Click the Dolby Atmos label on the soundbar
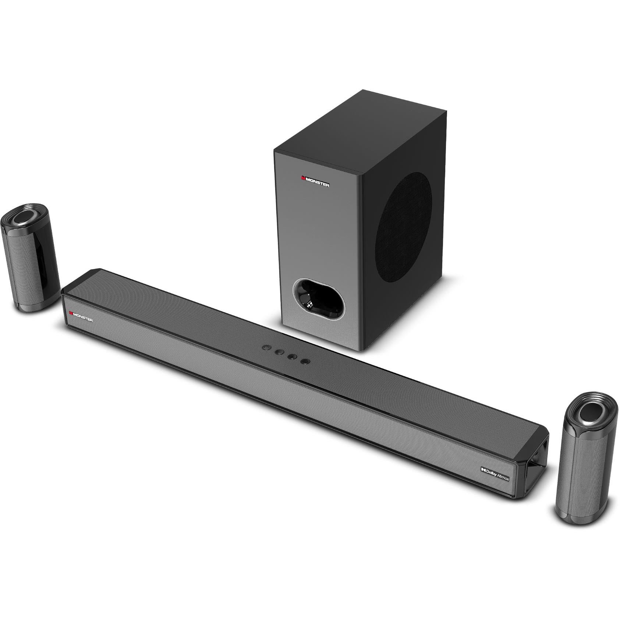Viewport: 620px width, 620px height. pyautogui.click(x=495, y=472)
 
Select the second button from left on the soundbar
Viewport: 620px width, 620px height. pyautogui.click(x=279, y=351)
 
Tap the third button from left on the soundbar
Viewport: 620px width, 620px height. pyautogui.click(x=292, y=356)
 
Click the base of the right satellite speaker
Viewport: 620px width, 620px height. pyautogui.click(x=578, y=517)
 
